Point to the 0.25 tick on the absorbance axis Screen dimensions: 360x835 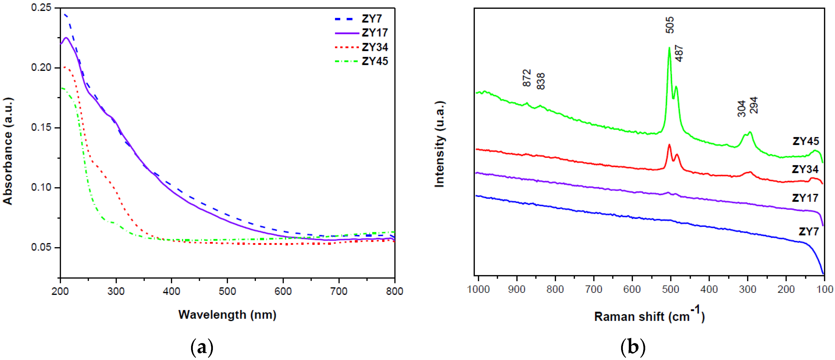[x=41, y=8]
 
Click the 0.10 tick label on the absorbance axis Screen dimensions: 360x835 [x=41, y=187]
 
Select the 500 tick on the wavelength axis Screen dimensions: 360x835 [x=227, y=291]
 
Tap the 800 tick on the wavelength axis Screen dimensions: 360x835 [x=394, y=291]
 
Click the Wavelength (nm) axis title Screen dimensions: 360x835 [x=227, y=314]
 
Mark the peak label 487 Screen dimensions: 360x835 [x=679, y=53]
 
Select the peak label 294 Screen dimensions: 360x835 [x=754, y=105]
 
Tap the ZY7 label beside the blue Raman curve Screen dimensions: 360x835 [x=808, y=231]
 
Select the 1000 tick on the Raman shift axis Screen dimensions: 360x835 [x=478, y=289]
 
